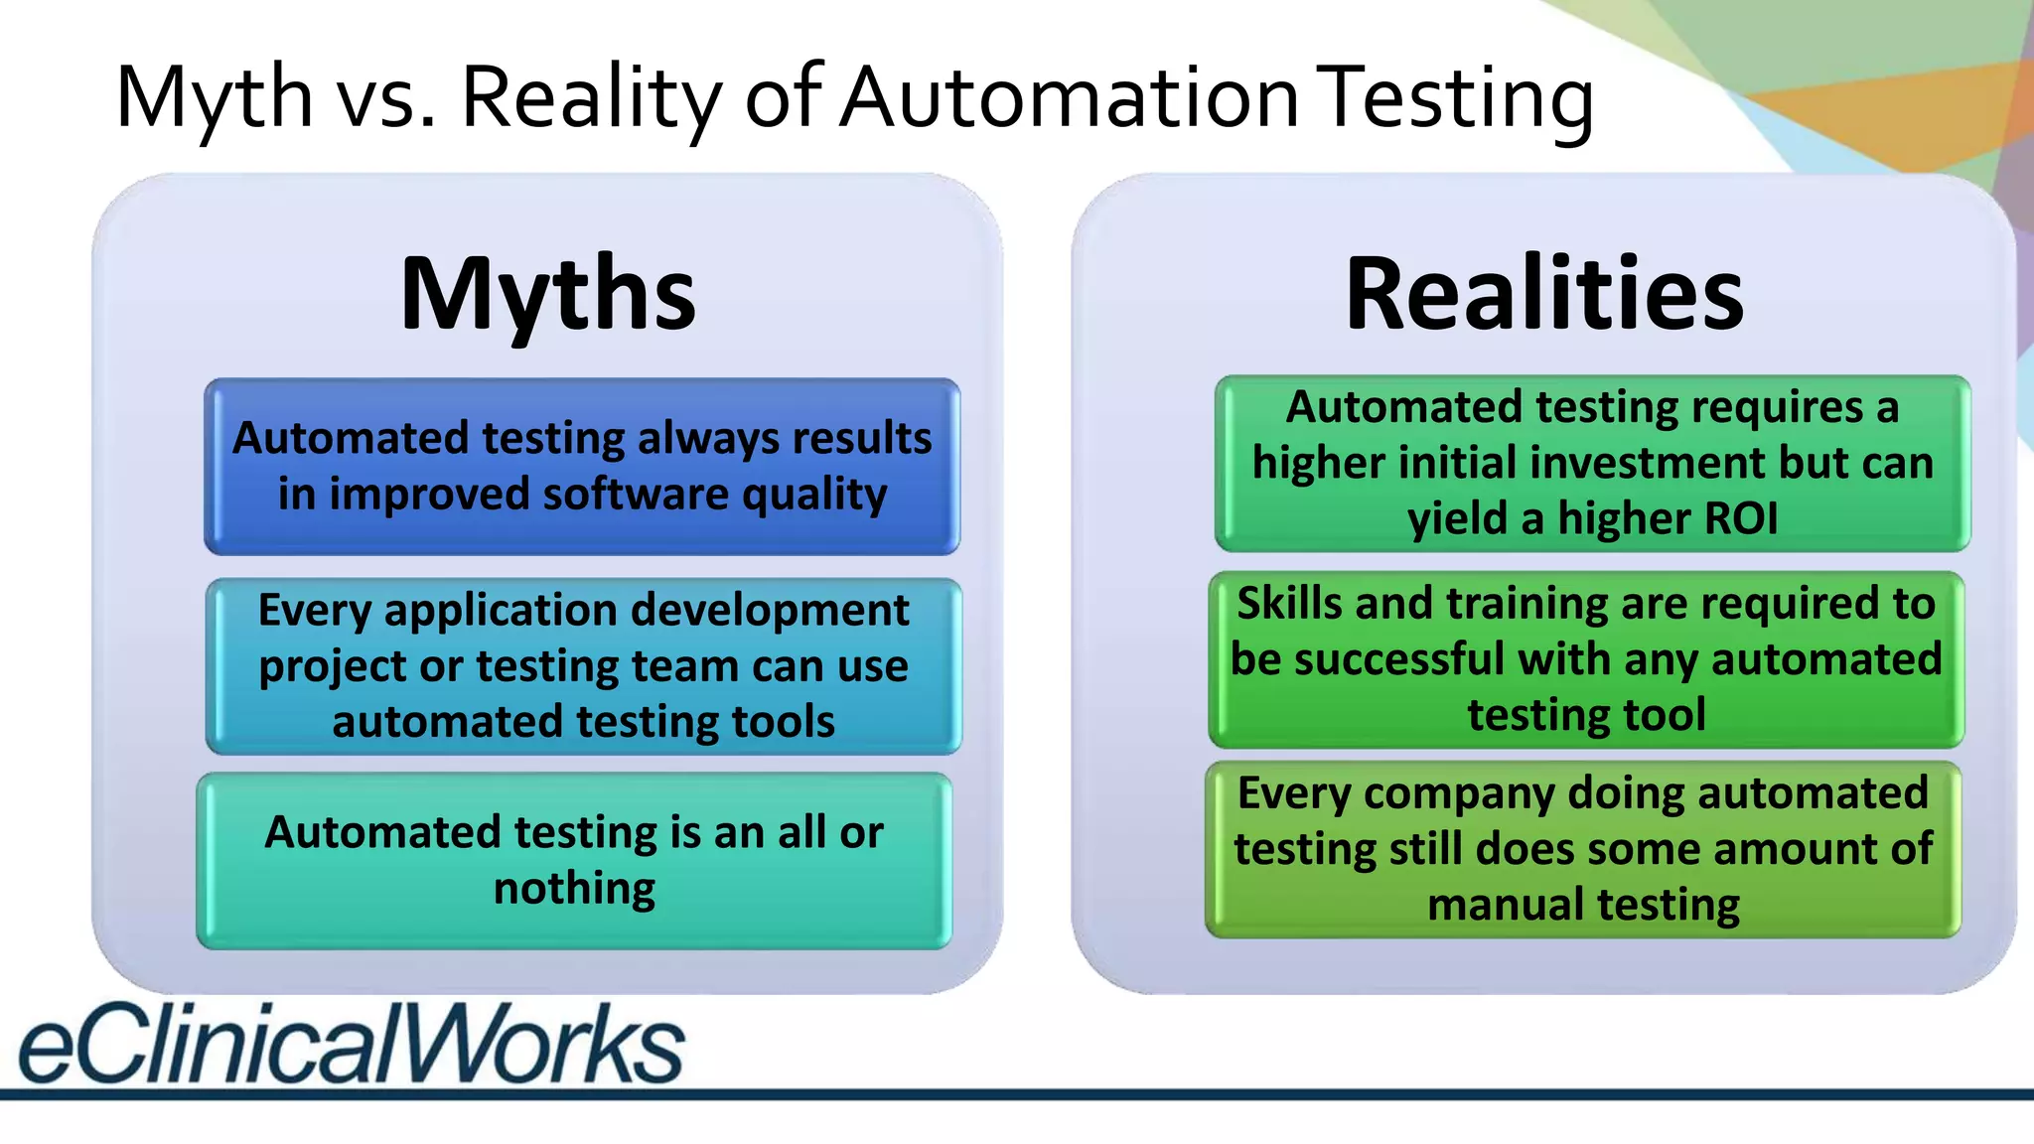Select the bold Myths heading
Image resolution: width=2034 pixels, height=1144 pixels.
click(547, 295)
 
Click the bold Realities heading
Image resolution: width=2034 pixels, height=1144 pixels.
click(1543, 295)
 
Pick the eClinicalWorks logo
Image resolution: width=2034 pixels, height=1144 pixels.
click(351, 1043)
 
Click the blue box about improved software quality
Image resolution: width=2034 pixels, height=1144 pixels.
click(582, 467)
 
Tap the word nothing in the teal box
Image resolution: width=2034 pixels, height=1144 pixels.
click(574, 889)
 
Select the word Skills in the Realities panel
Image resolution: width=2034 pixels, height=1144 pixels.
click(1288, 604)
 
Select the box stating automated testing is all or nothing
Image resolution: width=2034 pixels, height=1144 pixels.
click(574, 861)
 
